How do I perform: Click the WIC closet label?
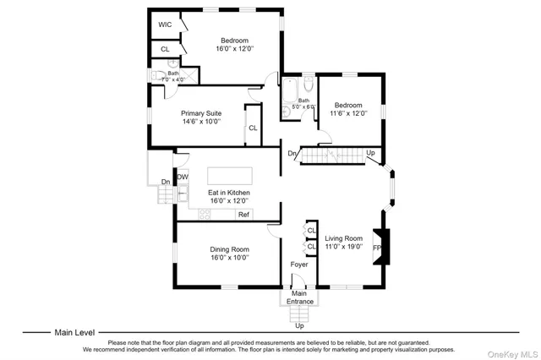(x=164, y=25)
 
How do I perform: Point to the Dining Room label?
(x=230, y=249)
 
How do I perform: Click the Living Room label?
(x=344, y=239)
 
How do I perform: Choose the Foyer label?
(x=299, y=265)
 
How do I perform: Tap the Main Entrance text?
(x=300, y=297)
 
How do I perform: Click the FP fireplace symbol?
(x=378, y=248)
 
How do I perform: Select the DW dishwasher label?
(x=183, y=177)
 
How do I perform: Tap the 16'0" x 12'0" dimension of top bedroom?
(x=234, y=49)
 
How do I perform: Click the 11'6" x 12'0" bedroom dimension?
(x=349, y=113)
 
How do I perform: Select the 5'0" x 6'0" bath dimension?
(x=302, y=107)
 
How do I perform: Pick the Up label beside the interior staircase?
(x=370, y=153)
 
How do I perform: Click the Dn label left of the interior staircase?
(x=292, y=153)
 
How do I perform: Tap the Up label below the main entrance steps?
(x=299, y=325)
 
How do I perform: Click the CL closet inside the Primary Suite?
(x=253, y=128)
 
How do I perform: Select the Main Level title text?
(x=75, y=333)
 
